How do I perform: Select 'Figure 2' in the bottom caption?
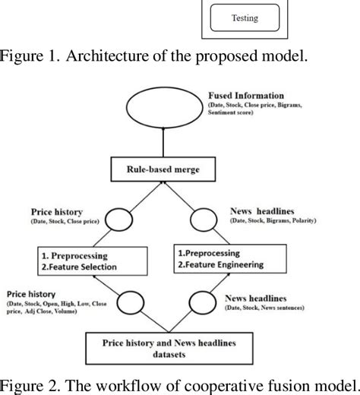(x=28, y=380)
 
